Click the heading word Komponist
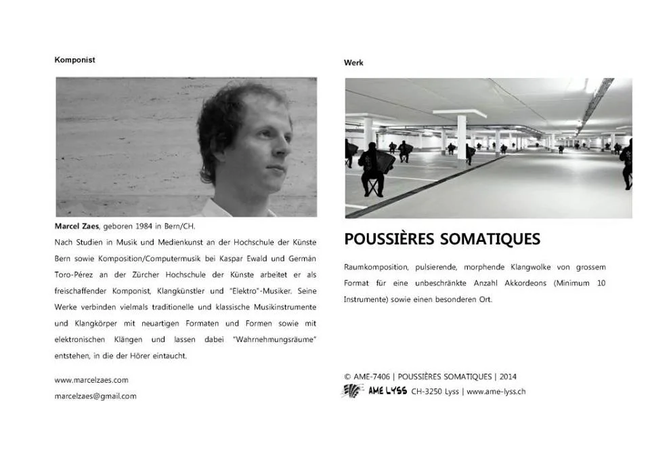click(74, 60)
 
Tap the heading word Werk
click(353, 62)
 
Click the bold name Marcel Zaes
click(76, 226)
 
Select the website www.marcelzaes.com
click(91, 380)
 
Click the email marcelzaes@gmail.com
click(95, 396)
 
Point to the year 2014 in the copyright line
click(508, 377)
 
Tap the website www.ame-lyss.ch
click(496, 392)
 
